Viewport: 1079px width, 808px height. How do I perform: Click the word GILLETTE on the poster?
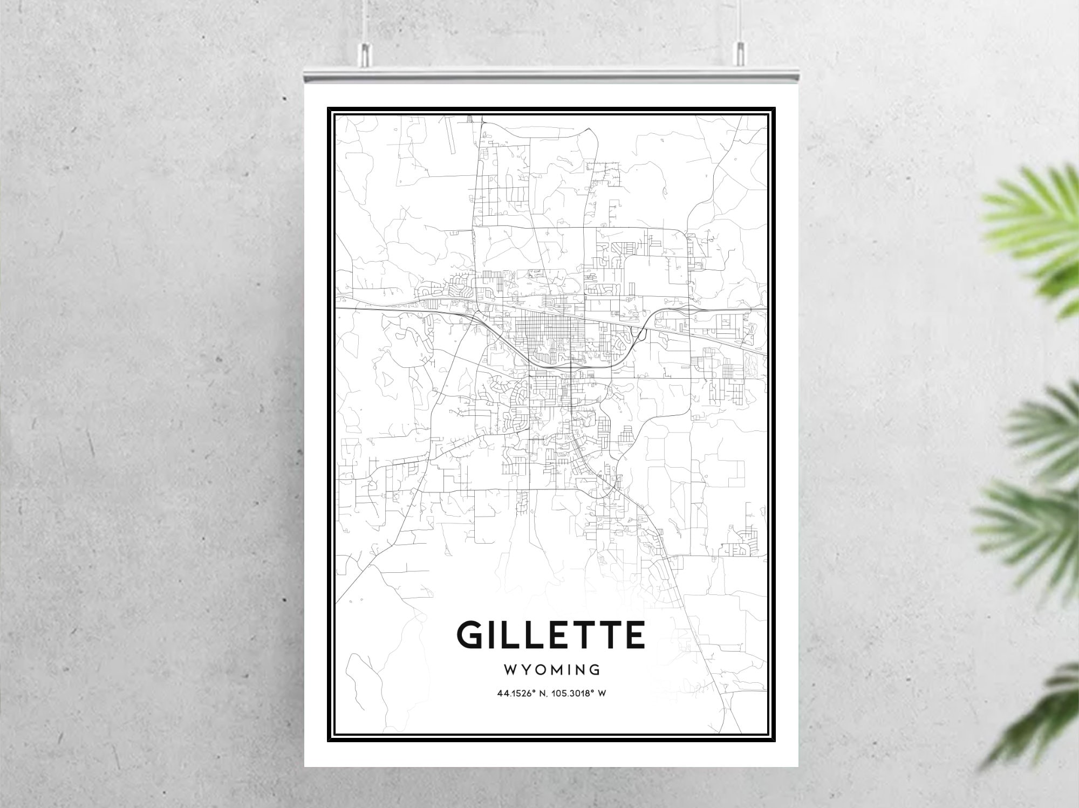pyautogui.click(x=551, y=635)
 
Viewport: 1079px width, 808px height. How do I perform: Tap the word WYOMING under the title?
pyautogui.click(x=551, y=670)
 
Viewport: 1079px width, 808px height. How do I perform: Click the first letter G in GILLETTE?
pyautogui.click(x=470, y=635)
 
